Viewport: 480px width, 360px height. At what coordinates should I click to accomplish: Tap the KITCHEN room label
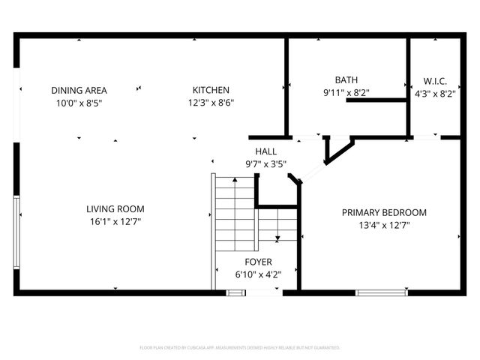[x=211, y=90]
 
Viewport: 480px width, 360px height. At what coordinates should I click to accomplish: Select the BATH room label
[x=346, y=79]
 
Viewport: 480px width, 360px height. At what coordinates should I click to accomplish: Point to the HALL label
[x=265, y=151]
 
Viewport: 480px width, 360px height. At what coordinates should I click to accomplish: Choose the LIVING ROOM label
[x=115, y=209]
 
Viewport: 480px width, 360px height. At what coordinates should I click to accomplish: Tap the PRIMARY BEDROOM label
[x=384, y=212]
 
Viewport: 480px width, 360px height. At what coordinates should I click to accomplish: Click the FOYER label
[x=253, y=262]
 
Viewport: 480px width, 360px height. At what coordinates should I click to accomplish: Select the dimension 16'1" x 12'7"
[x=115, y=221]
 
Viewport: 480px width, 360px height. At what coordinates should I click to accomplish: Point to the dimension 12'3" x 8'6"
[x=211, y=103]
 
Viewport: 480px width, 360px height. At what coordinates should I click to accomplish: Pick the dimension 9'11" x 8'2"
[x=346, y=93]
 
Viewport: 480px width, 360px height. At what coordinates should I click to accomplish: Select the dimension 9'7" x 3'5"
[x=265, y=163]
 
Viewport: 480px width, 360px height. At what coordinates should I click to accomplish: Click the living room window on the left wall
[x=16, y=231]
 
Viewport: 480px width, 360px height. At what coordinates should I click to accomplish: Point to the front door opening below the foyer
[x=254, y=292]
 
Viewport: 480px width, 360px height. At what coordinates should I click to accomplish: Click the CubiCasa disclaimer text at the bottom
[x=240, y=348]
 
